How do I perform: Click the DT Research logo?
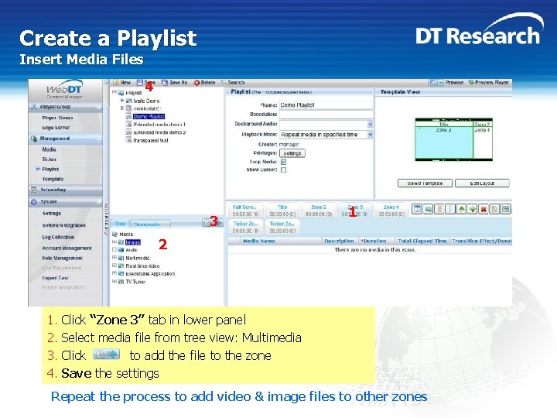point(477,36)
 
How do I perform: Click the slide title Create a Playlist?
point(108,38)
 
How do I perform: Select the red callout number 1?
point(352,211)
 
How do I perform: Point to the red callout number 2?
point(162,245)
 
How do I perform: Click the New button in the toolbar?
point(121,82)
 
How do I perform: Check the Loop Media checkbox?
point(283,162)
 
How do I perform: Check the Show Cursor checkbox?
point(283,170)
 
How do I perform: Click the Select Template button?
point(425,183)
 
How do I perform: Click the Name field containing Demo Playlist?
point(325,104)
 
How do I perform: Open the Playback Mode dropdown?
point(370,134)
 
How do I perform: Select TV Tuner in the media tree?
point(135,282)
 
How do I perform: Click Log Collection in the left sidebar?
point(58,238)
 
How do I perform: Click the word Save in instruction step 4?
point(76,373)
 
